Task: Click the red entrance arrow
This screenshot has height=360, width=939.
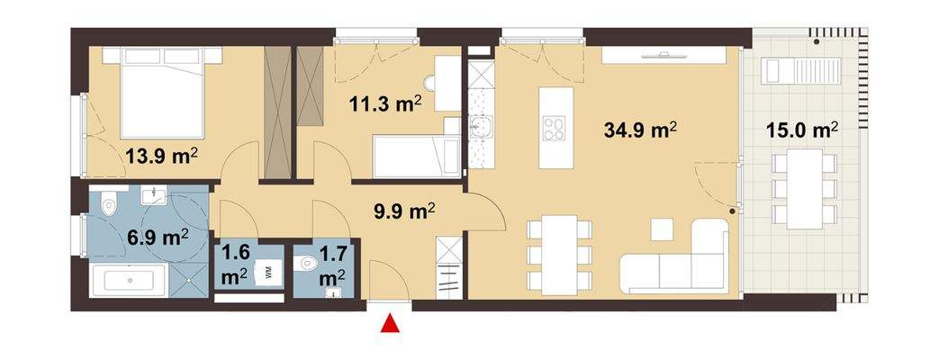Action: click(x=390, y=325)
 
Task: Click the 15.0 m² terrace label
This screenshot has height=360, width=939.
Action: click(x=801, y=131)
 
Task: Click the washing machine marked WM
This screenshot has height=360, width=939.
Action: click(x=267, y=272)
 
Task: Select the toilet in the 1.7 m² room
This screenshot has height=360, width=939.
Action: click(x=308, y=264)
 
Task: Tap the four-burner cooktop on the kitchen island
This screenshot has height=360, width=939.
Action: click(x=553, y=129)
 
